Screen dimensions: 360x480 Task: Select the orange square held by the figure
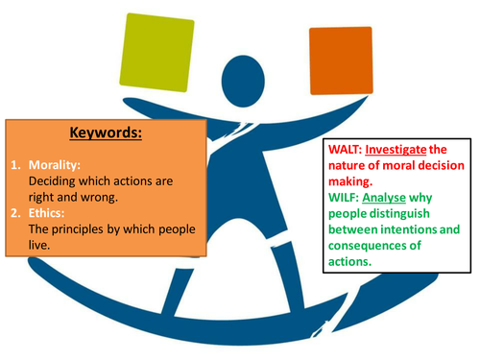point(340,61)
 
